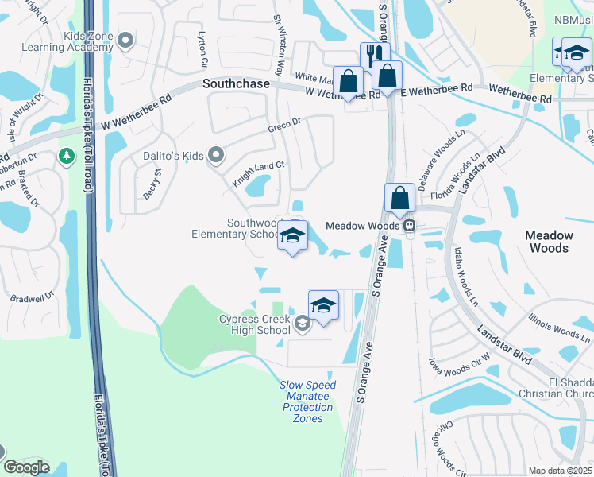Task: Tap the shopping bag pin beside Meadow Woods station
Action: click(399, 196)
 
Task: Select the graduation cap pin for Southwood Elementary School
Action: click(292, 235)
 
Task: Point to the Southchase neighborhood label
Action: click(237, 83)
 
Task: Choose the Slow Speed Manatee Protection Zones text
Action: click(308, 401)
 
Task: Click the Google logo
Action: click(25, 467)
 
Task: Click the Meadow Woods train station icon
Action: click(409, 226)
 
